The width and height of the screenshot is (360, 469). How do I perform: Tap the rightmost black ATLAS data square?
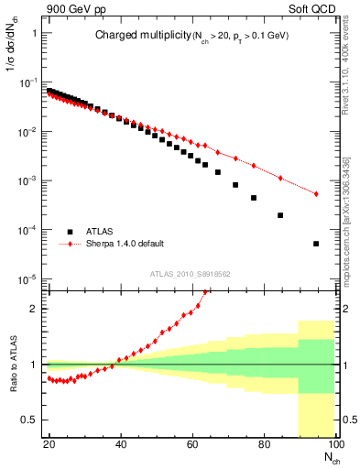point(316,244)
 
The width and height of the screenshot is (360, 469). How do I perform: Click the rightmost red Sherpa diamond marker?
point(316,193)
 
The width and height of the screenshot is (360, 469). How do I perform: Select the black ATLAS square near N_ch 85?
point(280,215)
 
